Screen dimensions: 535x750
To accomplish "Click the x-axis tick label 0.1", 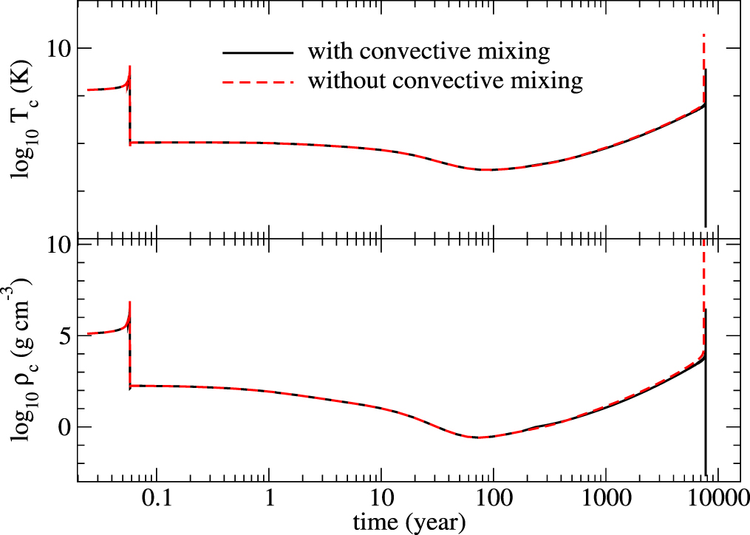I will pos(157,500).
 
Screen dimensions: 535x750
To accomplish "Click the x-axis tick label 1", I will pos(269,500).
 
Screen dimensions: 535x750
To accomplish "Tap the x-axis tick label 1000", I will pos(605,500).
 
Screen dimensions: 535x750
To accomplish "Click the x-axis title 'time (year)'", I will pos(409,522).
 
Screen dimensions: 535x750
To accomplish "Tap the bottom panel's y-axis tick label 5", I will pos(65,335).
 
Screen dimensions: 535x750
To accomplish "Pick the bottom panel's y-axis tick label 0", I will pos(65,427).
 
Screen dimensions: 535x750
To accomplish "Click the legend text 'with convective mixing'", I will pos(429,52).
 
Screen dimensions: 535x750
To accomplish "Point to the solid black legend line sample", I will pos(256,52).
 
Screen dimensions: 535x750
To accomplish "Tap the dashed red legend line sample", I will pos(256,80).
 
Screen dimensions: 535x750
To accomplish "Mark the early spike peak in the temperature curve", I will pos(130,66).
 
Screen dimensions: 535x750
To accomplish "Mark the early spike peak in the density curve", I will pos(130,301).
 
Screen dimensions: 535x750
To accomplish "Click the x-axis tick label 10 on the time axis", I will pos(381,500).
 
